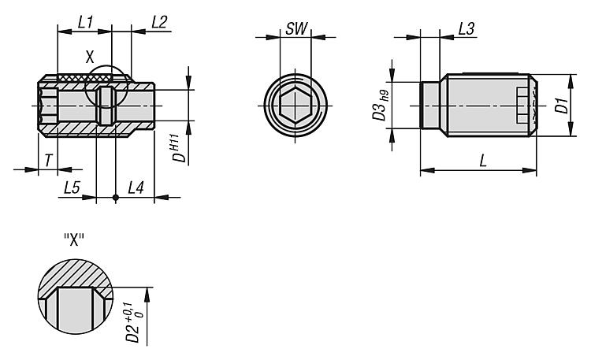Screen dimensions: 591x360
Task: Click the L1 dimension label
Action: click(x=85, y=23)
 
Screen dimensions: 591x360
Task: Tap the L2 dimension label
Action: click(x=159, y=23)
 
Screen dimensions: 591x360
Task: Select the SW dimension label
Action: click(x=296, y=28)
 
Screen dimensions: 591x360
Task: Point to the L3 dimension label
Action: click(x=466, y=29)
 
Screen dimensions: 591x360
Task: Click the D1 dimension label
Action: click(x=563, y=106)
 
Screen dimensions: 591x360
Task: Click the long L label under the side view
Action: click(x=483, y=161)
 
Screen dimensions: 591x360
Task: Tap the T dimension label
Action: click(x=48, y=161)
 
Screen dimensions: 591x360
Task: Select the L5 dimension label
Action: click(x=72, y=187)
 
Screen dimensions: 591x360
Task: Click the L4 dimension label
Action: click(x=136, y=187)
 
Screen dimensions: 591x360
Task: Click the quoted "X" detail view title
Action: click(x=74, y=239)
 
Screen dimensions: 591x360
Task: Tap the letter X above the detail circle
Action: click(x=89, y=58)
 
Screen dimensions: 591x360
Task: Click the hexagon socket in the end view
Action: click(x=295, y=106)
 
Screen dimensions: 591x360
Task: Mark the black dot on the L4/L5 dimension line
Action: click(x=116, y=197)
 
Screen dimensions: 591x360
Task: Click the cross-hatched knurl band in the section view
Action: click(x=85, y=78)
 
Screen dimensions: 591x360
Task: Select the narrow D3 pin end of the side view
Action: click(x=429, y=106)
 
